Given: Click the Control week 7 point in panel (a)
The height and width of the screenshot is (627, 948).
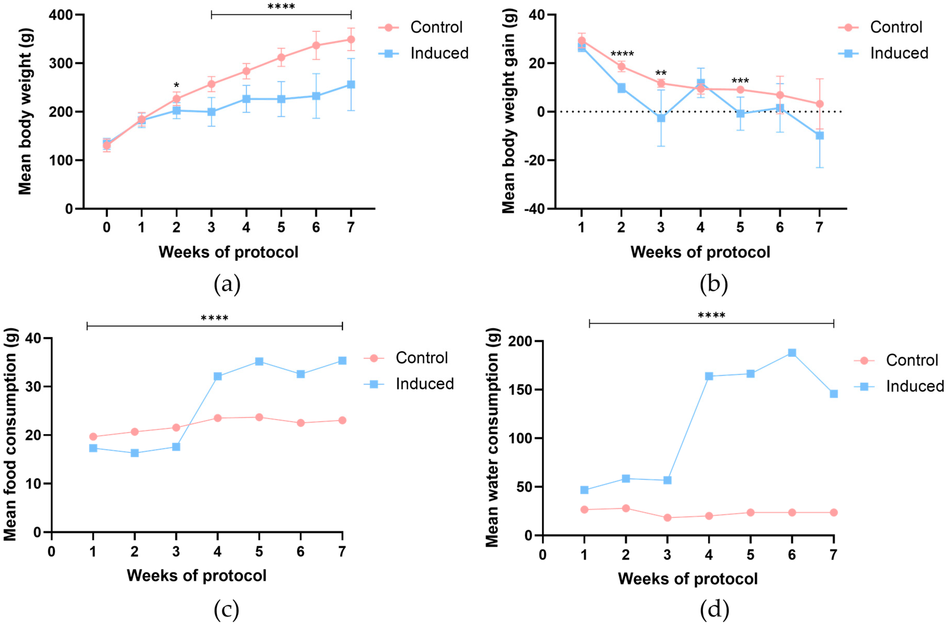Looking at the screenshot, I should point(351,39).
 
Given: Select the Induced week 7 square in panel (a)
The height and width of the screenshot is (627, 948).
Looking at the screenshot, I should point(351,84).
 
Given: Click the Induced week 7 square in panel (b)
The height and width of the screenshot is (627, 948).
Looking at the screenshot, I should point(819,136).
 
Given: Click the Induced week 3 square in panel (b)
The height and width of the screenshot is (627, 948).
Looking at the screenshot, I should point(661,118).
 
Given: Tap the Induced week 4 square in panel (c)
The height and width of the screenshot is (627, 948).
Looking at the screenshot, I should point(217,376).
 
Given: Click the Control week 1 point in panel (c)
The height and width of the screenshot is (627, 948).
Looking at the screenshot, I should point(93,437).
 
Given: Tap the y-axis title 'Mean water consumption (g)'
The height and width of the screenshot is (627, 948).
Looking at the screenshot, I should point(492,437).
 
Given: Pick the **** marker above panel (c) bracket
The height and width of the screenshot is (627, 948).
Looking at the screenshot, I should point(214,318).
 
